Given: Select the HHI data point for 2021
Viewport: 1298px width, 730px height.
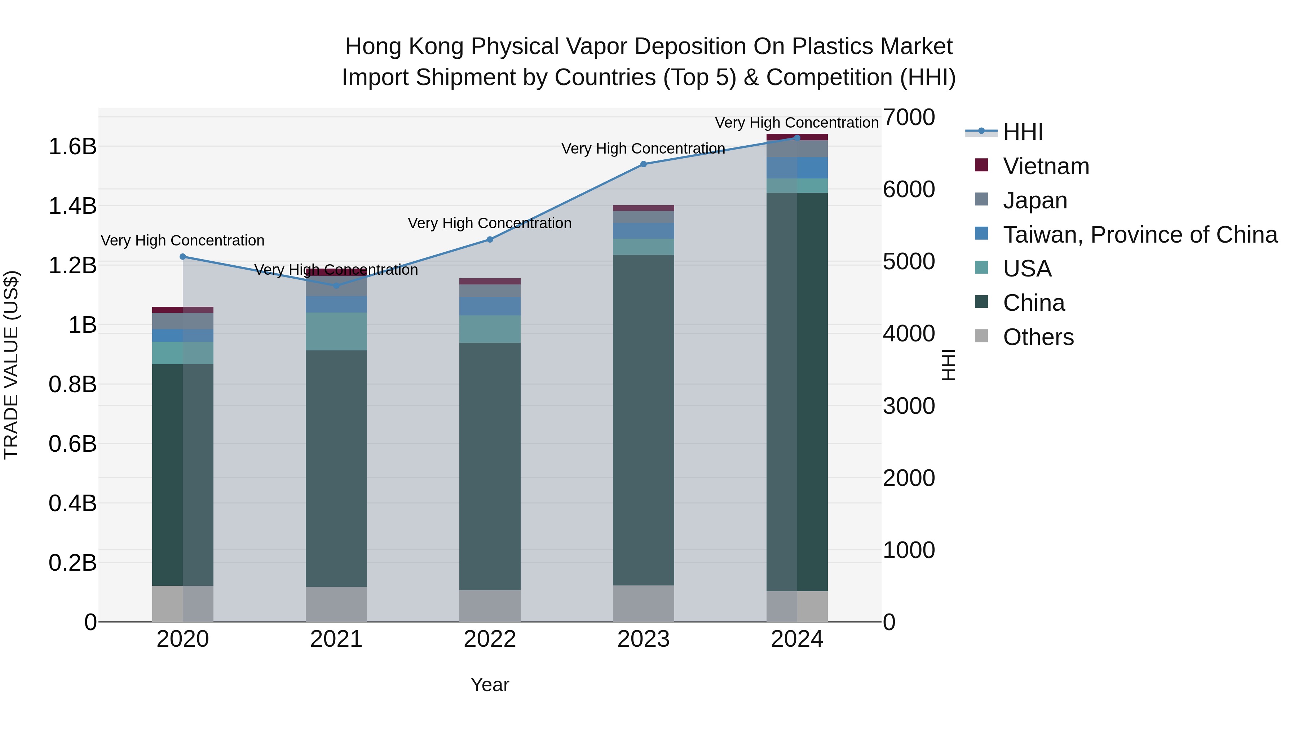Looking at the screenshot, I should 337,286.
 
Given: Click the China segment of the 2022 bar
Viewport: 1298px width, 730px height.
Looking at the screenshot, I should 490,466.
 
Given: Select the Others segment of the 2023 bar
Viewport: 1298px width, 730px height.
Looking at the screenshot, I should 644,603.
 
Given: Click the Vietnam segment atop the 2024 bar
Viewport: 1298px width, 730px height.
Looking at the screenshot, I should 797,137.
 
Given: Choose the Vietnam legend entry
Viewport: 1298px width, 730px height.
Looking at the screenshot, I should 1046,166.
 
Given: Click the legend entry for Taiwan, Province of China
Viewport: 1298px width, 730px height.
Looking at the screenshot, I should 1140,234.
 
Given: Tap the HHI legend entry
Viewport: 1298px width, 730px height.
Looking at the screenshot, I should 1023,132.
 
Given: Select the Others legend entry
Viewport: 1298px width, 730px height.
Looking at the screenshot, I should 1038,337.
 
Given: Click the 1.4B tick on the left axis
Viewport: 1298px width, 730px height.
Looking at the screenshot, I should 72,206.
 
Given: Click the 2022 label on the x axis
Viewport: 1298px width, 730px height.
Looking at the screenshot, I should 490,639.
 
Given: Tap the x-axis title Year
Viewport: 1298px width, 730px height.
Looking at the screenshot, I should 490,685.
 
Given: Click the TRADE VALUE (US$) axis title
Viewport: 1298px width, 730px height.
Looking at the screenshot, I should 11,365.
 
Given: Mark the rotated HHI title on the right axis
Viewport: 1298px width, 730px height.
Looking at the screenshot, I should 948,365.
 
